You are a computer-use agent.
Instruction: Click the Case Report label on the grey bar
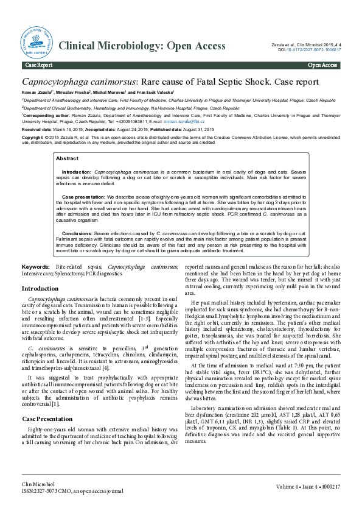pyautogui.click(x=38, y=65)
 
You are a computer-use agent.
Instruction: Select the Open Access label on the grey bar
pyautogui.click(x=322, y=65)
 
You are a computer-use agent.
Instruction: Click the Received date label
pyautogui.click(x=37, y=130)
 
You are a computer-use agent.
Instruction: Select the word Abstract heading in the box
pyautogui.click(x=67, y=158)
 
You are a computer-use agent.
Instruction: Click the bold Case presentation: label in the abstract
pyautogui.click(x=84, y=197)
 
